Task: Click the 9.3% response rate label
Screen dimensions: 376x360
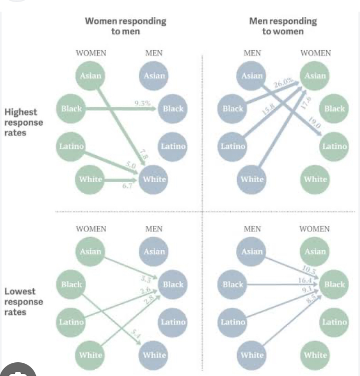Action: coord(143,103)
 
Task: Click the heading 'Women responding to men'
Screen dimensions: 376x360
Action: coord(126,26)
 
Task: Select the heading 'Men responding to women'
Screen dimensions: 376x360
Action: coord(283,26)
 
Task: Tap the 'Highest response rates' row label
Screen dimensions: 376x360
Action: coord(23,122)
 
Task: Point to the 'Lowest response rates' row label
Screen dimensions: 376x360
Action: coord(23,302)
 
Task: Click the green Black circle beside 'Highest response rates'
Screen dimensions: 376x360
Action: coord(72,109)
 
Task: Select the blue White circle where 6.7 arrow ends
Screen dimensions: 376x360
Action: coord(154,179)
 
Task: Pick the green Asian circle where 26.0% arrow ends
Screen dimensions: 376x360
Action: coord(315,76)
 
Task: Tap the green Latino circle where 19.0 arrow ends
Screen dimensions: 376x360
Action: coord(334,146)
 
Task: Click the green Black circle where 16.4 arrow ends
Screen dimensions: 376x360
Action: coord(334,284)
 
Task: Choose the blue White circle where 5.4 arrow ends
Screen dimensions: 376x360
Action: coord(154,355)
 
